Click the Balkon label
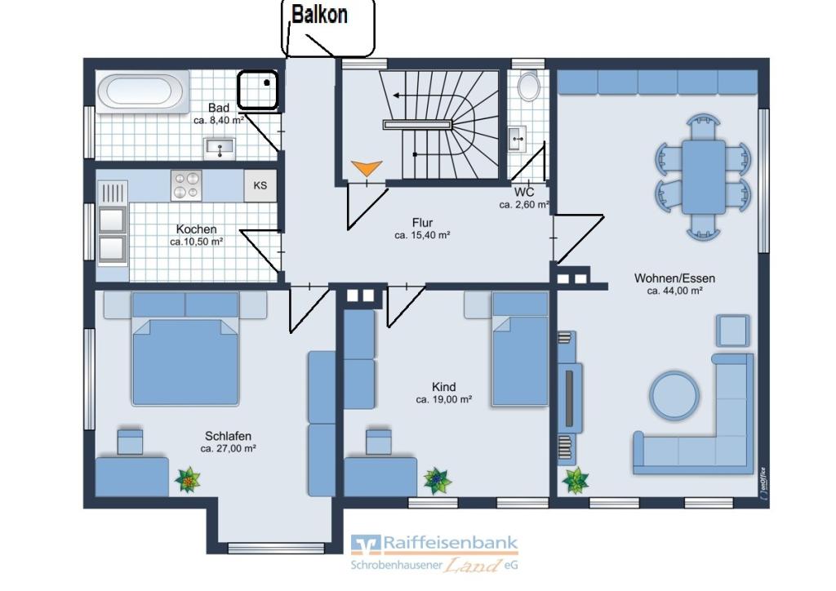[319, 15]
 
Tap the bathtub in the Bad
[140, 91]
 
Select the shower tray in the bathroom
[257, 90]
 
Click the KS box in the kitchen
[260, 185]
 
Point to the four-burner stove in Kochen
[186, 185]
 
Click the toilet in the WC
[528, 85]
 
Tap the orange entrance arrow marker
[367, 168]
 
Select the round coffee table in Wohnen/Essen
[674, 396]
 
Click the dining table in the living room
[704, 177]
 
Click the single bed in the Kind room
[520, 349]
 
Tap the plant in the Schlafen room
[188, 480]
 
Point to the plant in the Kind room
[438, 481]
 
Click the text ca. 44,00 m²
[674, 291]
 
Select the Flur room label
[422, 223]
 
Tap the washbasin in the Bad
[219, 148]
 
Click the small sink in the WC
[517, 139]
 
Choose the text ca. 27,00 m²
[229, 449]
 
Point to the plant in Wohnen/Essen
[576, 480]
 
